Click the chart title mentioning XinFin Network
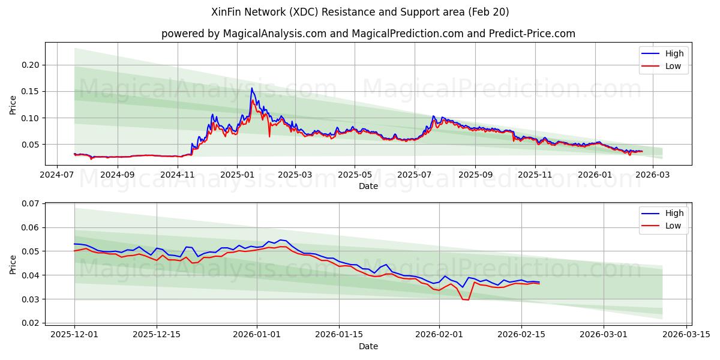pos(360,12)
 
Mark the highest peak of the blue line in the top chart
pos(251,89)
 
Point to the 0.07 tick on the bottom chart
pos(29,204)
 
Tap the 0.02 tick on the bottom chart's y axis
pos(29,323)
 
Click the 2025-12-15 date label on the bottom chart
pos(157,334)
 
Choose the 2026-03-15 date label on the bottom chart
pos(686,334)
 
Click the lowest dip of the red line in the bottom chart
pos(468,299)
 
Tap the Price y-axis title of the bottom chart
pos(13,263)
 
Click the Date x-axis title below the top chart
pos(368,186)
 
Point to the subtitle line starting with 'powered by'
pos(368,34)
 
